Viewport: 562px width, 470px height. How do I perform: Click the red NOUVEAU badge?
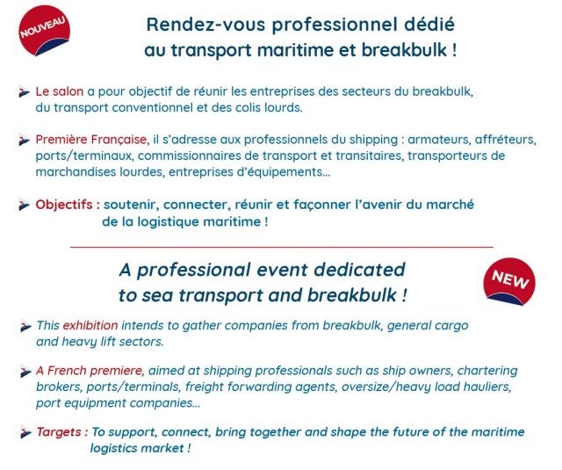pos(44,30)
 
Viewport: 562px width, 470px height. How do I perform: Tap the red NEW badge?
pos(509,282)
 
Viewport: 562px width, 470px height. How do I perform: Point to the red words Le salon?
pos(59,91)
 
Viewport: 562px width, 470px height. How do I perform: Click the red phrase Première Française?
pos(92,140)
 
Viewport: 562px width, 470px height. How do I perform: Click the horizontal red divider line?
pos(282,247)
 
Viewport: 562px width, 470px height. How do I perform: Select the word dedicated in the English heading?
pos(359,270)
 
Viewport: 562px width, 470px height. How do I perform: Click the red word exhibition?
pos(90,325)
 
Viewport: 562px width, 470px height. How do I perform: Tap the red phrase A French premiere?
pos(90,371)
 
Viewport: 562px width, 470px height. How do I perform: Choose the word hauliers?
pos(487,387)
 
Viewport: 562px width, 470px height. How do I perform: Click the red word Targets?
pos(62,432)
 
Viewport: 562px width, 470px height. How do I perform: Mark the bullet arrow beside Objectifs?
pos(24,205)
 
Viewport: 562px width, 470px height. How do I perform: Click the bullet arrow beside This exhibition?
pos(25,326)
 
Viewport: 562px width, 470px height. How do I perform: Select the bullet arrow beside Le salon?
pos(24,92)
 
